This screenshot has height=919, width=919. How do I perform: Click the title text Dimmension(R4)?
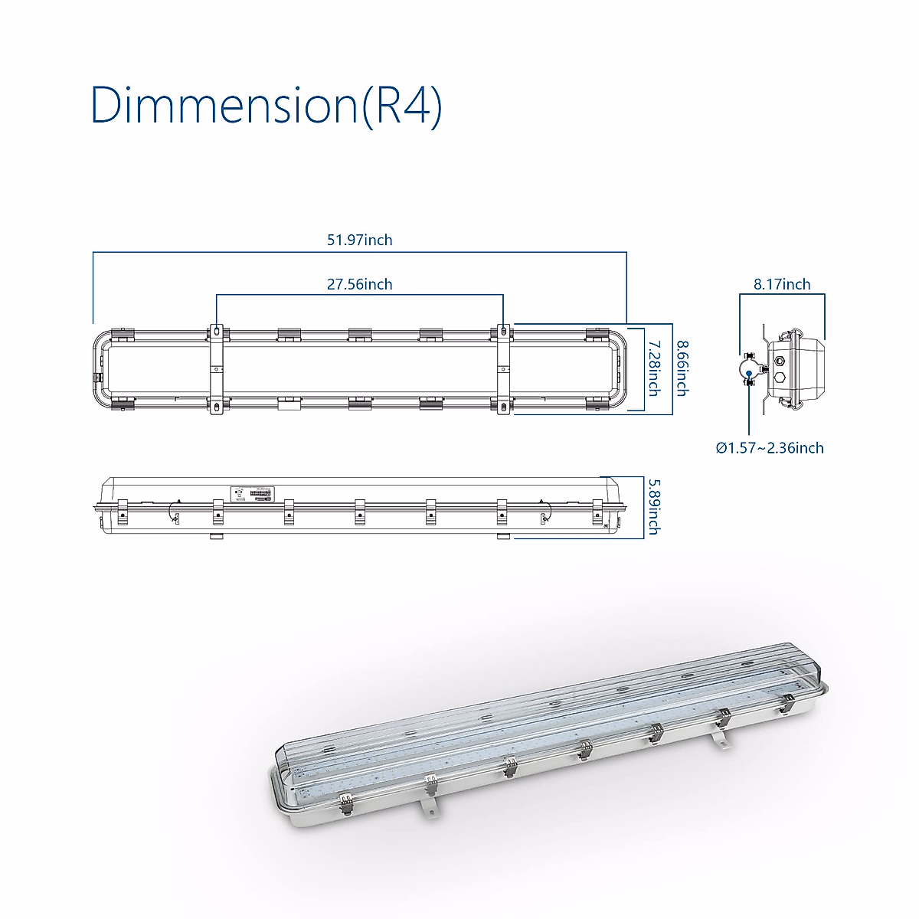tap(266, 105)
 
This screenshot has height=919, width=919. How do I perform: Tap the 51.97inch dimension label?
tap(360, 240)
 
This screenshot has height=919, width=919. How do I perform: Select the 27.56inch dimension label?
tap(360, 284)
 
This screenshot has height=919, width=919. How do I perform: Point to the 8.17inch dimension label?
tap(782, 284)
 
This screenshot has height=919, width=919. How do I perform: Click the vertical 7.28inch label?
tap(654, 368)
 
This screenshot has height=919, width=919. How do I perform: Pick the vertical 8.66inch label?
tap(683, 368)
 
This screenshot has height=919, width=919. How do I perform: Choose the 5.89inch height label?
tap(654, 507)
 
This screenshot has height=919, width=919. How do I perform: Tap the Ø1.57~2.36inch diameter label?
tap(770, 448)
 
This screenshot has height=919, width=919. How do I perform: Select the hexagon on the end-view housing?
tap(780, 377)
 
